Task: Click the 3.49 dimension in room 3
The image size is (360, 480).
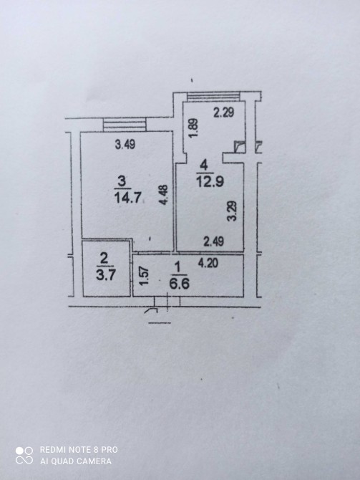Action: pyautogui.click(x=125, y=144)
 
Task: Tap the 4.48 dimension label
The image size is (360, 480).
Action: pyautogui.click(x=164, y=195)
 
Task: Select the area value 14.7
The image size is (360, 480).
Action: pyautogui.click(x=127, y=198)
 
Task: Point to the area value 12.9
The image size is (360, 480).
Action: pyautogui.click(x=210, y=181)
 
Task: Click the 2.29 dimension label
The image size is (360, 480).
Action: pyautogui.click(x=223, y=112)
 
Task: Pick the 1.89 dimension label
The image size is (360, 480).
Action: pyautogui.click(x=193, y=128)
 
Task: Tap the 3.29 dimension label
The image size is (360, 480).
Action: pyautogui.click(x=232, y=211)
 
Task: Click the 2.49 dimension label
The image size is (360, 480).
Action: pyautogui.click(x=214, y=242)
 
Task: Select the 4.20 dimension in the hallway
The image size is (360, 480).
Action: pyautogui.click(x=208, y=263)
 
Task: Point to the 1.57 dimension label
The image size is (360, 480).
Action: pyautogui.click(x=144, y=275)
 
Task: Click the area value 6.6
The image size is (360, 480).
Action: pyautogui.click(x=179, y=284)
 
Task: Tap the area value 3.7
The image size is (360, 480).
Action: pyautogui.click(x=105, y=274)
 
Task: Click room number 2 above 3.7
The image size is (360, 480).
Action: pyautogui.click(x=104, y=259)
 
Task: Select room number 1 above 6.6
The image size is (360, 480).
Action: pyautogui.click(x=177, y=268)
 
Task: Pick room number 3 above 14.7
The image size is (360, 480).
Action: pyautogui.click(x=122, y=182)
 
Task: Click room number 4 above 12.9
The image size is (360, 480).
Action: pyautogui.click(x=204, y=165)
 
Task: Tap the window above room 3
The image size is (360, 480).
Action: pyautogui.click(x=125, y=125)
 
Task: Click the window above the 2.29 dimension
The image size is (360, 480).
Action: pyautogui.click(x=213, y=97)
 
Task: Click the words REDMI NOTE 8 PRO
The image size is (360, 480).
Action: pyautogui.click(x=79, y=450)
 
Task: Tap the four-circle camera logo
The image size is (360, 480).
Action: pyautogui.click(x=24, y=455)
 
